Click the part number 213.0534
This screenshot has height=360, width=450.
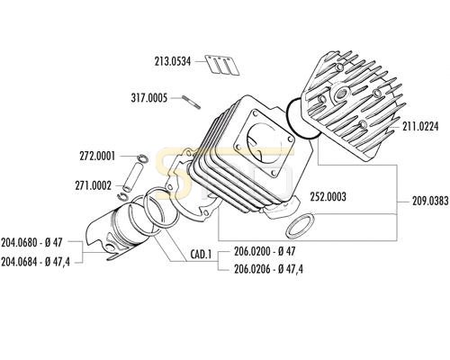(173, 61)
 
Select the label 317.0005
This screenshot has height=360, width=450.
(149, 98)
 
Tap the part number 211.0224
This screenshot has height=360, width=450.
(420, 126)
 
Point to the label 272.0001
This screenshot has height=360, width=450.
(97, 157)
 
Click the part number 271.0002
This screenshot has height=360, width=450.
(94, 185)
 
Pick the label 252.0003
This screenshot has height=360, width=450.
(328, 197)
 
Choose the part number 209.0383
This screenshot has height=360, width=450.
(430, 201)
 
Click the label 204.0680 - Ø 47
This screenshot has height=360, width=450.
(31, 242)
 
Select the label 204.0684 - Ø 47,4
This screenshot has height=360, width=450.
(35, 262)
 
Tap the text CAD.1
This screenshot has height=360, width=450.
(201, 255)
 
